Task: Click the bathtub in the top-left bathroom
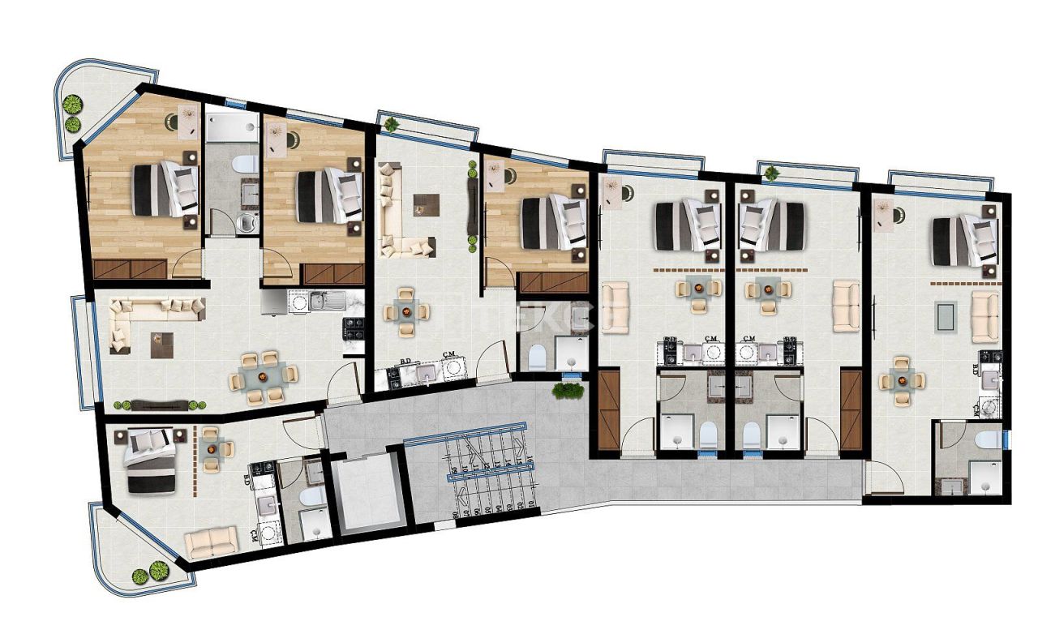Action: click(231, 127)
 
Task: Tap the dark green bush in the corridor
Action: click(568, 391)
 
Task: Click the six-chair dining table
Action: click(261, 376)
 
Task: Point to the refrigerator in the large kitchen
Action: click(273, 302)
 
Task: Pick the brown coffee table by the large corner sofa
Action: click(162, 344)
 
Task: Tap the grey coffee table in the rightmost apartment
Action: click(946, 315)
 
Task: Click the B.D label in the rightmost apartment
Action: click(975, 369)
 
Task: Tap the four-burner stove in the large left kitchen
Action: click(354, 328)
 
